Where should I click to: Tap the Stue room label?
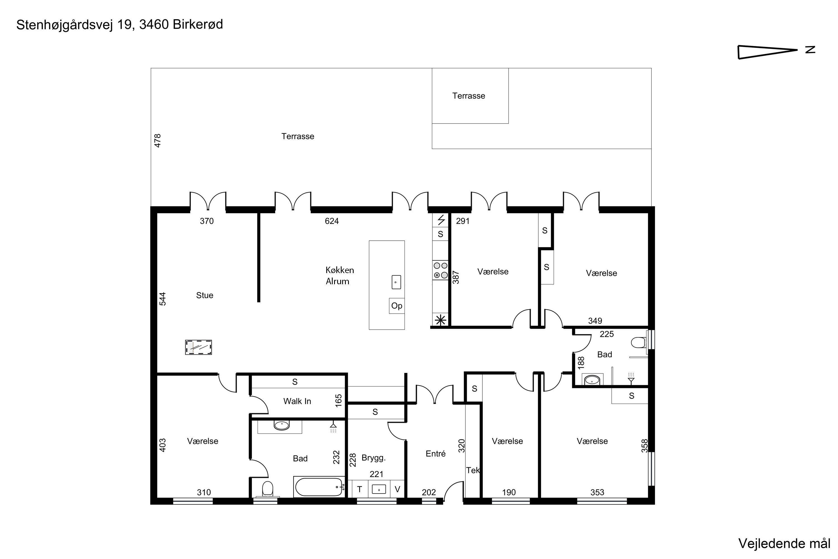(204, 295)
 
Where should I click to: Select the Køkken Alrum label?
(340, 276)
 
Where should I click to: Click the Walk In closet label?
(297, 401)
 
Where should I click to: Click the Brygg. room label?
(373, 458)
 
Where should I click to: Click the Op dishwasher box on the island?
(397, 306)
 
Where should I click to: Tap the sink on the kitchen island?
(396, 282)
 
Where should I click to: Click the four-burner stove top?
(441, 270)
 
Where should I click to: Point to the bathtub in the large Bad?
(319, 487)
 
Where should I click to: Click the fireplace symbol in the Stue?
(198, 347)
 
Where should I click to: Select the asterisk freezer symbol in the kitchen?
(441, 320)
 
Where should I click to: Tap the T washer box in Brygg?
(360, 489)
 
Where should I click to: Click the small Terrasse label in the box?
(468, 96)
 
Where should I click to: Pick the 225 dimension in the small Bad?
(606, 334)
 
